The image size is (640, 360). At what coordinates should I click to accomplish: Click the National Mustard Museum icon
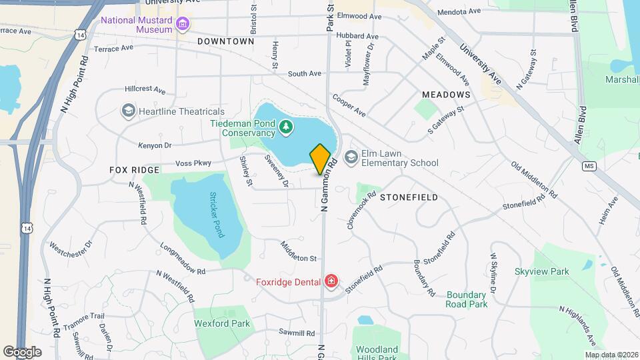183,25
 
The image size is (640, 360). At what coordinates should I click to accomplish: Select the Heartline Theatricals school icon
128,111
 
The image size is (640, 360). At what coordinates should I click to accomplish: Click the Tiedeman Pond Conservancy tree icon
286,127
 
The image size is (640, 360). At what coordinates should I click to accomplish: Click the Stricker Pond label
216,215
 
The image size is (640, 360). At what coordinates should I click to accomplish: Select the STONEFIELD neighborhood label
409,197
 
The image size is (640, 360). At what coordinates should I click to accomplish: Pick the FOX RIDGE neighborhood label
135,170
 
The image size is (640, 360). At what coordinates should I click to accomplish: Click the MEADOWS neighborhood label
445,95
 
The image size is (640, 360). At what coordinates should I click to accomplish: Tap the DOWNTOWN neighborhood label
226,41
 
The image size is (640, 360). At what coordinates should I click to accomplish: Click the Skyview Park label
541,271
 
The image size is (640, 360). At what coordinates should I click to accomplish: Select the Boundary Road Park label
467,299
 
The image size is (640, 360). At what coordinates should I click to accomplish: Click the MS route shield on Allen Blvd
588,165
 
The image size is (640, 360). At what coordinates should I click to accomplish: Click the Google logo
22,351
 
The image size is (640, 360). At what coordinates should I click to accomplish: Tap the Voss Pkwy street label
193,163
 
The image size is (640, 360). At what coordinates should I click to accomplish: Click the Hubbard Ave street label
359,36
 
